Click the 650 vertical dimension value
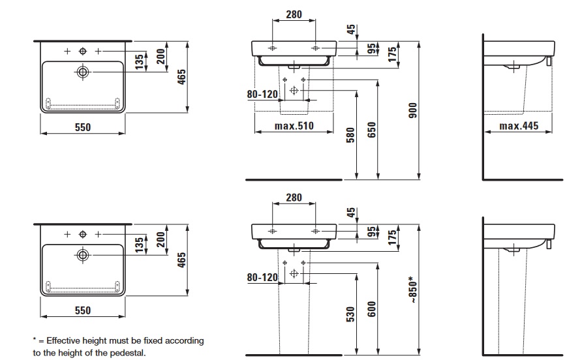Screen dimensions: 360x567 click(372, 130)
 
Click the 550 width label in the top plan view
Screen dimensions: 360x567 click(82, 128)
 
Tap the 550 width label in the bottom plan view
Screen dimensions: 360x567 click(82, 311)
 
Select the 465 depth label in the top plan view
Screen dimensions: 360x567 click(181, 78)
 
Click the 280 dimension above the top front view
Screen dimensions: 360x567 click(294, 15)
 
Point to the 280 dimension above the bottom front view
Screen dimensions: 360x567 click(294, 198)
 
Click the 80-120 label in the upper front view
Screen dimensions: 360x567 click(262, 95)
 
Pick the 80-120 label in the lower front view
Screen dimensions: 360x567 click(262, 277)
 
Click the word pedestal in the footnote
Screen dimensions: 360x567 click(127, 353)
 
